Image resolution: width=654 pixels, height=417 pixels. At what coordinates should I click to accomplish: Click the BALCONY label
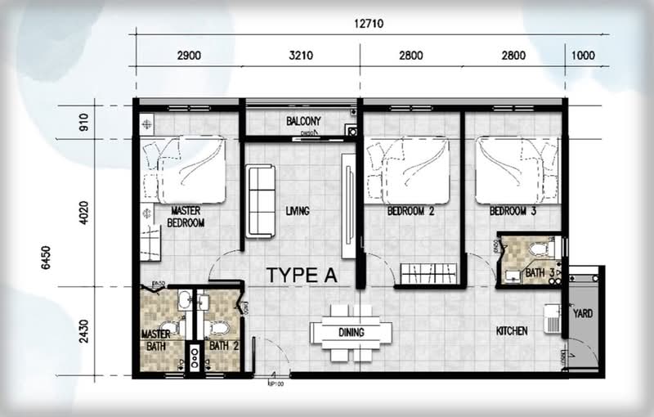coord(303,122)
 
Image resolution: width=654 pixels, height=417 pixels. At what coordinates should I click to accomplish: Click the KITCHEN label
coord(512,331)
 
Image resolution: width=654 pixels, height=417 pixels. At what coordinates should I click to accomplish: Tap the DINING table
coord(351,333)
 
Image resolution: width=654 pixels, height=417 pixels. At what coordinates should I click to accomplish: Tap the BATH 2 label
coord(222,346)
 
